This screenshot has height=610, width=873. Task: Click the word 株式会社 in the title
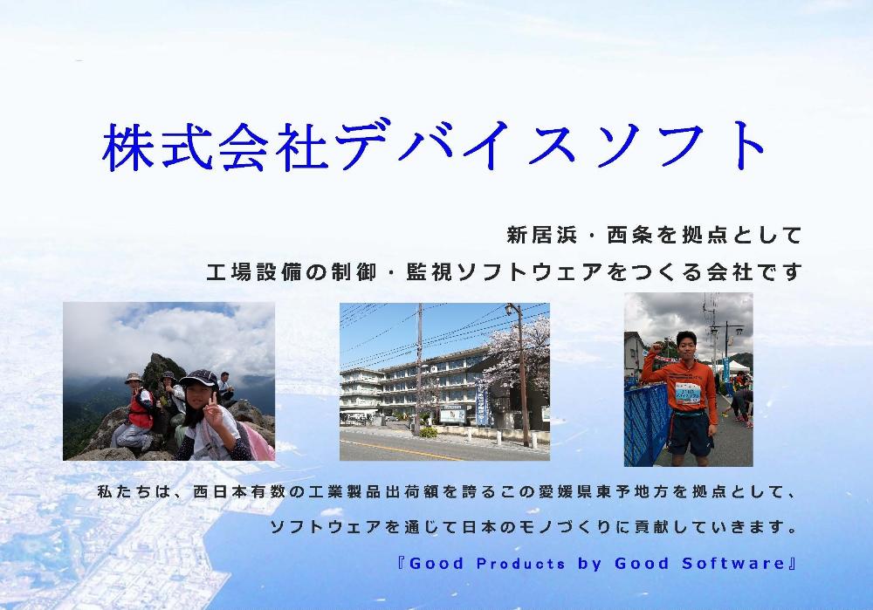click(x=215, y=146)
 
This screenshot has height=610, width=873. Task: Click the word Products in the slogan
click(x=520, y=563)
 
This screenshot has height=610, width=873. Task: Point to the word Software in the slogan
click(x=733, y=563)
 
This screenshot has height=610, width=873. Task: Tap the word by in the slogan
click(x=589, y=564)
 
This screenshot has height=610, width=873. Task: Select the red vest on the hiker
click(x=141, y=409)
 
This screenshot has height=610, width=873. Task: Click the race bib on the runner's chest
click(x=690, y=394)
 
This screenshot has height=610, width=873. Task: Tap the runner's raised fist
click(x=656, y=348)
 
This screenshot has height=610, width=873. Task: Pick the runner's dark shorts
click(x=690, y=431)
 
